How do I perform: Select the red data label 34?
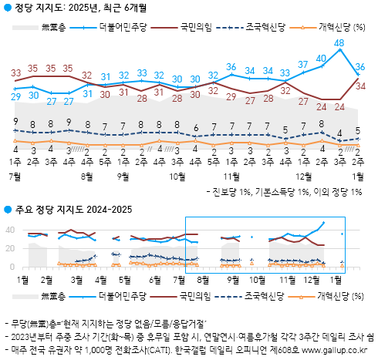coord(359,86)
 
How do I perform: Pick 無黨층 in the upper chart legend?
coord(52,28)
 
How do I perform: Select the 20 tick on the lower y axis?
coord(12,248)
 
